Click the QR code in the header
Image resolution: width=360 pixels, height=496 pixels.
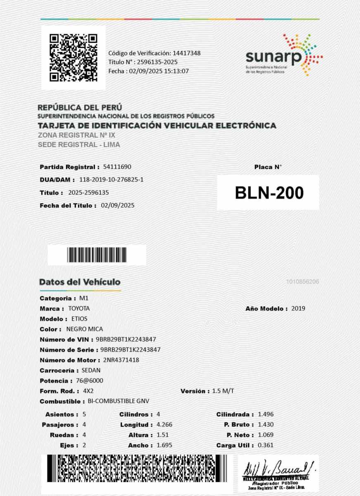[x=74, y=58]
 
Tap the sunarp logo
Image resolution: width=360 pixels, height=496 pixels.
[x=284, y=55]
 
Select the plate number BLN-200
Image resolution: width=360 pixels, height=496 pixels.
[x=269, y=193]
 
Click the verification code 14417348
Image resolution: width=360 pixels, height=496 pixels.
[x=187, y=53]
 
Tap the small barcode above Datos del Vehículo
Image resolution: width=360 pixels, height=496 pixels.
[x=97, y=255]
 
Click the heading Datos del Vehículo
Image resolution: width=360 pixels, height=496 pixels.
[x=80, y=282]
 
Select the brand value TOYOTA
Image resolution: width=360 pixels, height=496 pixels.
[x=79, y=308]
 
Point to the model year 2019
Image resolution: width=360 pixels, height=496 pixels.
[x=298, y=308]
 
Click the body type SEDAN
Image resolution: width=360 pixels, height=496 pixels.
[x=91, y=370]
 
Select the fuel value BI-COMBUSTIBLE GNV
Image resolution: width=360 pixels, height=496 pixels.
[x=119, y=401]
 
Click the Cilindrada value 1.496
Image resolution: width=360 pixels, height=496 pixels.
[x=266, y=414]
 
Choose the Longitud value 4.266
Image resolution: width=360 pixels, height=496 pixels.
[x=165, y=424]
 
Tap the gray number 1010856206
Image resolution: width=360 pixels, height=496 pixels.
[x=302, y=281]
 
